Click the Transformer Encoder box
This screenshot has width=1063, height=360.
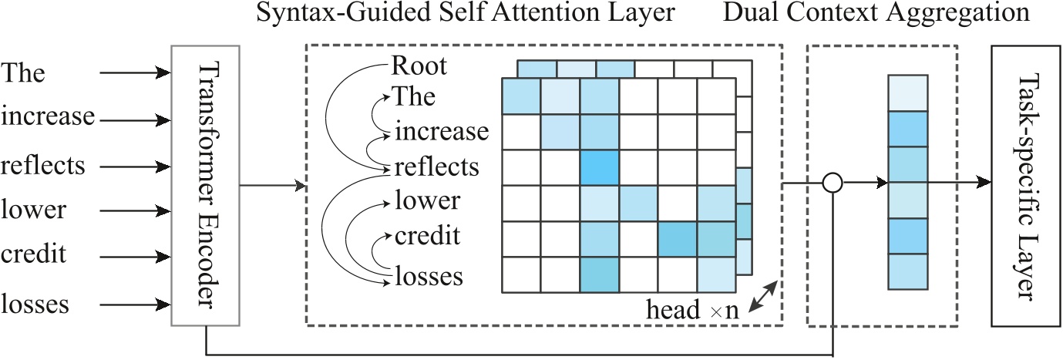[206, 186]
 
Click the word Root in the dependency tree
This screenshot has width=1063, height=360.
[419, 66]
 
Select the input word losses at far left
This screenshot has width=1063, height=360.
[35, 304]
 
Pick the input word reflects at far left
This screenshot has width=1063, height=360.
[43, 166]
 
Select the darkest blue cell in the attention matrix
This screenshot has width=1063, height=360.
[600, 168]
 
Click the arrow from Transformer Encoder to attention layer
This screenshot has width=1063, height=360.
[270, 186]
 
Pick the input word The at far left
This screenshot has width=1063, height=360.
[24, 74]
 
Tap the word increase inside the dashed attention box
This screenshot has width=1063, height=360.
[442, 132]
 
